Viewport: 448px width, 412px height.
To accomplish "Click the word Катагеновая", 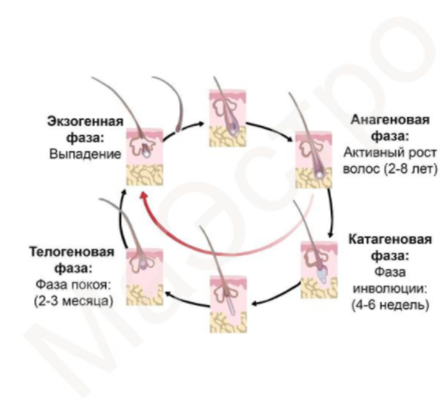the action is (390, 240).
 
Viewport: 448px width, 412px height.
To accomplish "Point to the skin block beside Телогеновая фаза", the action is (145, 272).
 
